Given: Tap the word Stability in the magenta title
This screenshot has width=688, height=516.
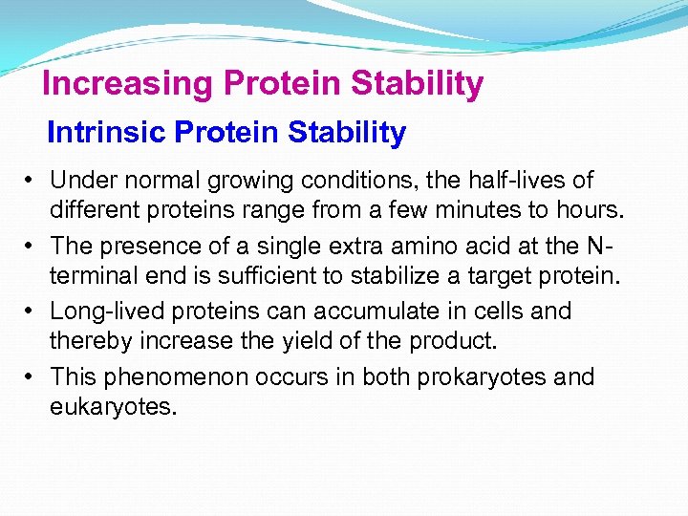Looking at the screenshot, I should pyautogui.click(x=417, y=85).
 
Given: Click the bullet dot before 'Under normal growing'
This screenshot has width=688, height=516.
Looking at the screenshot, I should pyautogui.click(x=32, y=180).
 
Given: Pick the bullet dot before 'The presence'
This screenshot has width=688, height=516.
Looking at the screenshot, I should pyautogui.click(x=32, y=246).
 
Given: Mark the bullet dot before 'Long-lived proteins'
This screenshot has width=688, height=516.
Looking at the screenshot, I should pyautogui.click(x=32, y=312).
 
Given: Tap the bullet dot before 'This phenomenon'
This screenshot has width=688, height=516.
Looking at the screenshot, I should pyautogui.click(x=32, y=377).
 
